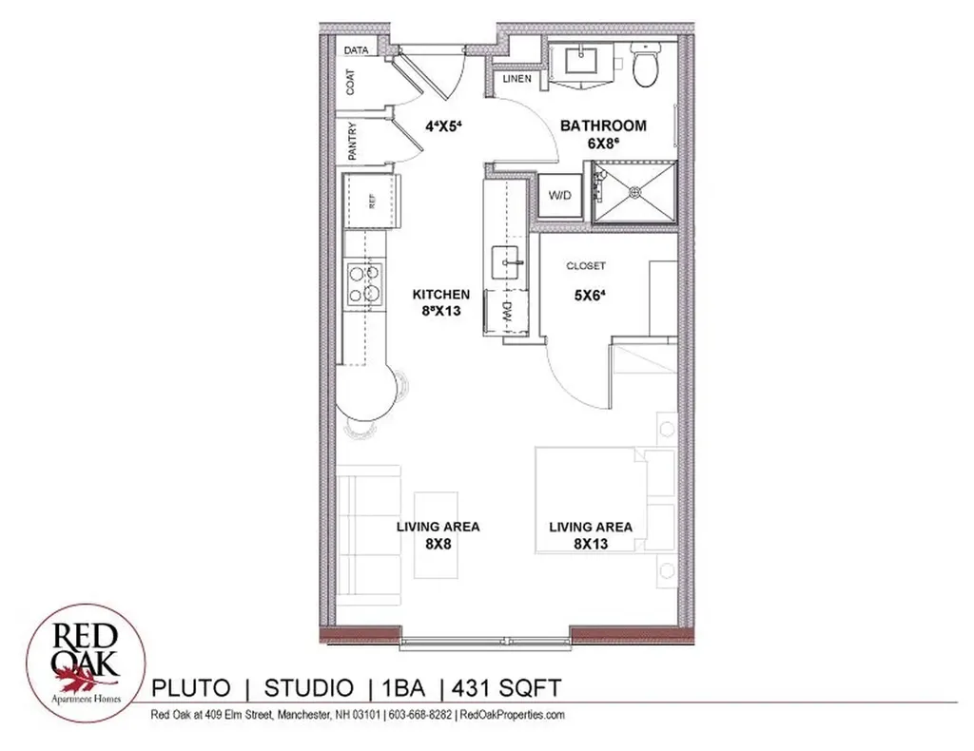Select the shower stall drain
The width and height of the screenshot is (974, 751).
point(633,192)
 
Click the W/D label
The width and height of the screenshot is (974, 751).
point(559,196)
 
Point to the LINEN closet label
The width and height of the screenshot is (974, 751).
point(517,78)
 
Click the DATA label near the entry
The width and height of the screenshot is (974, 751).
point(357,50)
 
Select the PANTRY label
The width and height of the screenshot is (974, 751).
point(352,141)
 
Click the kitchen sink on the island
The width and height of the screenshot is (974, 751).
point(505,258)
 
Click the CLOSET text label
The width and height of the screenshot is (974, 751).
point(585,266)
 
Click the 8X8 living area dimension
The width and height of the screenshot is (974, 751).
point(438,544)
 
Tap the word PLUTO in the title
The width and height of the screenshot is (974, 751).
point(190,685)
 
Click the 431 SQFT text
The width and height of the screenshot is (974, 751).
point(506,685)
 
